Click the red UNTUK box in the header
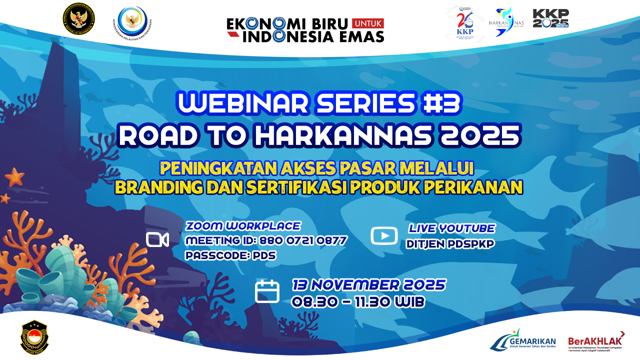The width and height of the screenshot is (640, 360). coord(367,23)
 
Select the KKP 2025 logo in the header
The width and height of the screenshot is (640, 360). coord(550,18)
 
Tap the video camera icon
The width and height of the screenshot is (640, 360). coord(157,239)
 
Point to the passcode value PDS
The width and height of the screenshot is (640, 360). coord(264,255)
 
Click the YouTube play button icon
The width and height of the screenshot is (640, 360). coord(384,236)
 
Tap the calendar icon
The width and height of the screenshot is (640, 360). coord(267,291)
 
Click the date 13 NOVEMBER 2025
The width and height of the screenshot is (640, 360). coord(368,285)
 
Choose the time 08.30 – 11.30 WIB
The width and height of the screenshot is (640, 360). coord(358,301)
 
